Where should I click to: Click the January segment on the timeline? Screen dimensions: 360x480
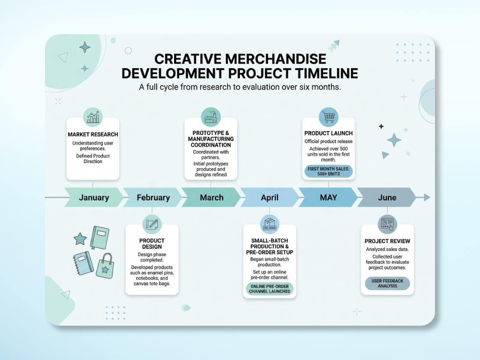pos(94,198)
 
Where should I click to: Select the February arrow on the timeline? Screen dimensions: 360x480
pos(153,198)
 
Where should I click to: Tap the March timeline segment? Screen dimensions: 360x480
pos(211,198)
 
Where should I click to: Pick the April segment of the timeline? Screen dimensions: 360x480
pos(270,198)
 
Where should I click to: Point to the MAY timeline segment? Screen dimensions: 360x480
pos(328,198)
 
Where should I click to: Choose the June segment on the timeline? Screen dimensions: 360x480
pos(387,198)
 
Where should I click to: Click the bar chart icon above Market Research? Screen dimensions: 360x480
pos(93,117)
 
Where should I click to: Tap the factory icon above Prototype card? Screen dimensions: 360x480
pos(211,117)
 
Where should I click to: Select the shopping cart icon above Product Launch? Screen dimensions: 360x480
pos(329,117)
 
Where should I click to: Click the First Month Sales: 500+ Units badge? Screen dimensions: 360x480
pos(329,171)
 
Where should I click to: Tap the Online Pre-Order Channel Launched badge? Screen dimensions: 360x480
pos(270,288)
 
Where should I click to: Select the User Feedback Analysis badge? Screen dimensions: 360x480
pos(387,283)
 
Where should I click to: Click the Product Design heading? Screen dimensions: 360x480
pos(152,243)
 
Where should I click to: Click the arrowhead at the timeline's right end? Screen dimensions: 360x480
pos(427,197)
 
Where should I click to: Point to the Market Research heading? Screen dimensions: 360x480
pos(93,135)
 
